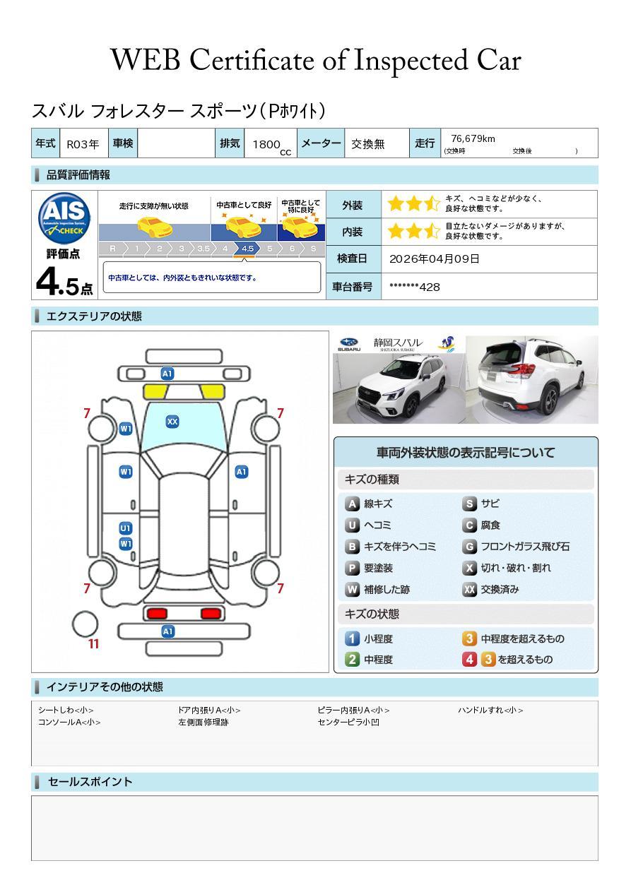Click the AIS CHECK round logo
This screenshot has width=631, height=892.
pyautogui.click(x=64, y=218)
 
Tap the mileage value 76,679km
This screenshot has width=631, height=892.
pyautogui.click(x=473, y=138)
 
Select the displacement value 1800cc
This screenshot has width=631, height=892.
pyautogui.click(x=271, y=145)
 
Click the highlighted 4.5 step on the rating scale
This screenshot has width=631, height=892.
pyautogui.click(x=247, y=249)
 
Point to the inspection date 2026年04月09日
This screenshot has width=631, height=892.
pyautogui.click(x=435, y=258)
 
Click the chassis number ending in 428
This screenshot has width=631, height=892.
pyautogui.click(x=415, y=287)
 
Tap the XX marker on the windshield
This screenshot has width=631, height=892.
pyautogui.click(x=172, y=422)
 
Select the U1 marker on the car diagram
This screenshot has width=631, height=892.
pyautogui.click(x=126, y=528)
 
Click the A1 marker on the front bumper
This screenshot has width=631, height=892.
pyautogui.click(x=167, y=374)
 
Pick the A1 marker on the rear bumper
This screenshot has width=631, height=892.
pyautogui.click(x=167, y=631)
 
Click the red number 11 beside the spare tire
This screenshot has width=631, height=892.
pyautogui.click(x=93, y=643)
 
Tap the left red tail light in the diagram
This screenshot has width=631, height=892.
pyautogui.click(x=157, y=613)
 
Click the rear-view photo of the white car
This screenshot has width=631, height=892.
pyautogui.click(x=532, y=379)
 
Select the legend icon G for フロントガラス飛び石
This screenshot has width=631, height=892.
pyautogui.click(x=469, y=547)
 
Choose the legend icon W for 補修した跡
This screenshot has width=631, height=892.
pyautogui.click(x=352, y=589)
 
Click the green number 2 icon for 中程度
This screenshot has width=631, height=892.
pyautogui.click(x=352, y=660)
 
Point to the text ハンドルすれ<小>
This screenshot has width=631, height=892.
pyautogui.click(x=490, y=710)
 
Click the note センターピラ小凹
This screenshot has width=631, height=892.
pyautogui.click(x=348, y=722)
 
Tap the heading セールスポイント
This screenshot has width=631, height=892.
pyautogui.click(x=90, y=782)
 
